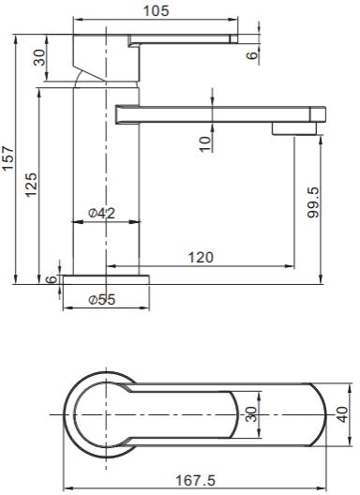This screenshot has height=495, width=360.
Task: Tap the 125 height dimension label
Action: pos(31,181)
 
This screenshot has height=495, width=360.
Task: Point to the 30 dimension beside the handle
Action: pos(39,56)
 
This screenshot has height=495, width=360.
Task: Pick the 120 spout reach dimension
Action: pos(200,257)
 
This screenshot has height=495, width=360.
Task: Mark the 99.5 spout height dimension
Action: pos(313,202)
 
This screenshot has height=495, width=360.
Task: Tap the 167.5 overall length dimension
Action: pos(198,480)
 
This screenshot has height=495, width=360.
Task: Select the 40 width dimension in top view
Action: pos(342,413)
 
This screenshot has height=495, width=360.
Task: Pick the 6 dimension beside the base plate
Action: pos(51,278)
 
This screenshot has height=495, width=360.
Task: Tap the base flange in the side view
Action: pos(105,279)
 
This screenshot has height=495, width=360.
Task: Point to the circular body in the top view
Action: pos(94,413)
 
